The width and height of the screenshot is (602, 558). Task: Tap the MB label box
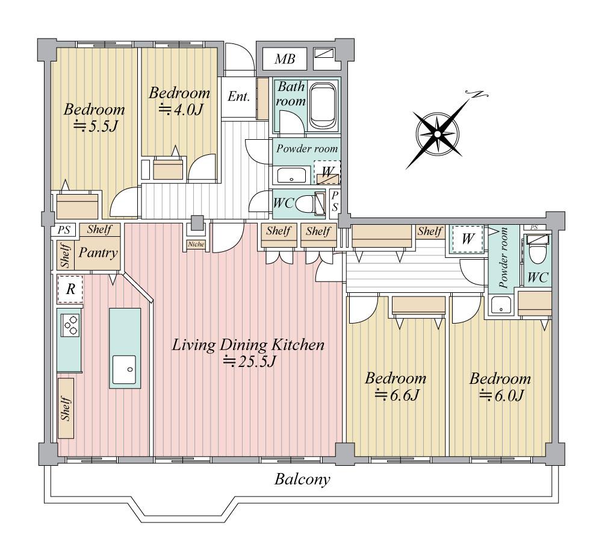[285, 59]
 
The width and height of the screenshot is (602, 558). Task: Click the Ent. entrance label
[238, 96]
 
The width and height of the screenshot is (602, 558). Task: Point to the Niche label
[196, 244]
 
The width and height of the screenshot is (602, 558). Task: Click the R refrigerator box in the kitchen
[70, 289]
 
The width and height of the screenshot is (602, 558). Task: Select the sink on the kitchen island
[124, 369]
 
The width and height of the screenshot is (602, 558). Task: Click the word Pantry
[98, 253]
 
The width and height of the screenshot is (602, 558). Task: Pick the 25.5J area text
[250, 362]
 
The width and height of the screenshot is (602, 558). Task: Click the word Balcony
[302, 479]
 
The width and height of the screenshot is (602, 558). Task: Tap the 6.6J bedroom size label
[397, 395]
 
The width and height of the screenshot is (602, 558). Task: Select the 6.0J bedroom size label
[501, 395]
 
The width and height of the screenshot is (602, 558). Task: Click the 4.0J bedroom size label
[180, 110]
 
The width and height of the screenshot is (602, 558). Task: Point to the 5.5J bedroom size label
[95, 126]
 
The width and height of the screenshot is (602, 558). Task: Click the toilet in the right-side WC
[537, 250]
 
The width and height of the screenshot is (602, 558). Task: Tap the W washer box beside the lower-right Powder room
[468, 239]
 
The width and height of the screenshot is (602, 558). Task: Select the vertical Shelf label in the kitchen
[66, 409]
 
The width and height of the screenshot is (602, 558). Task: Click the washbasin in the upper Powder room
[291, 175]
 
